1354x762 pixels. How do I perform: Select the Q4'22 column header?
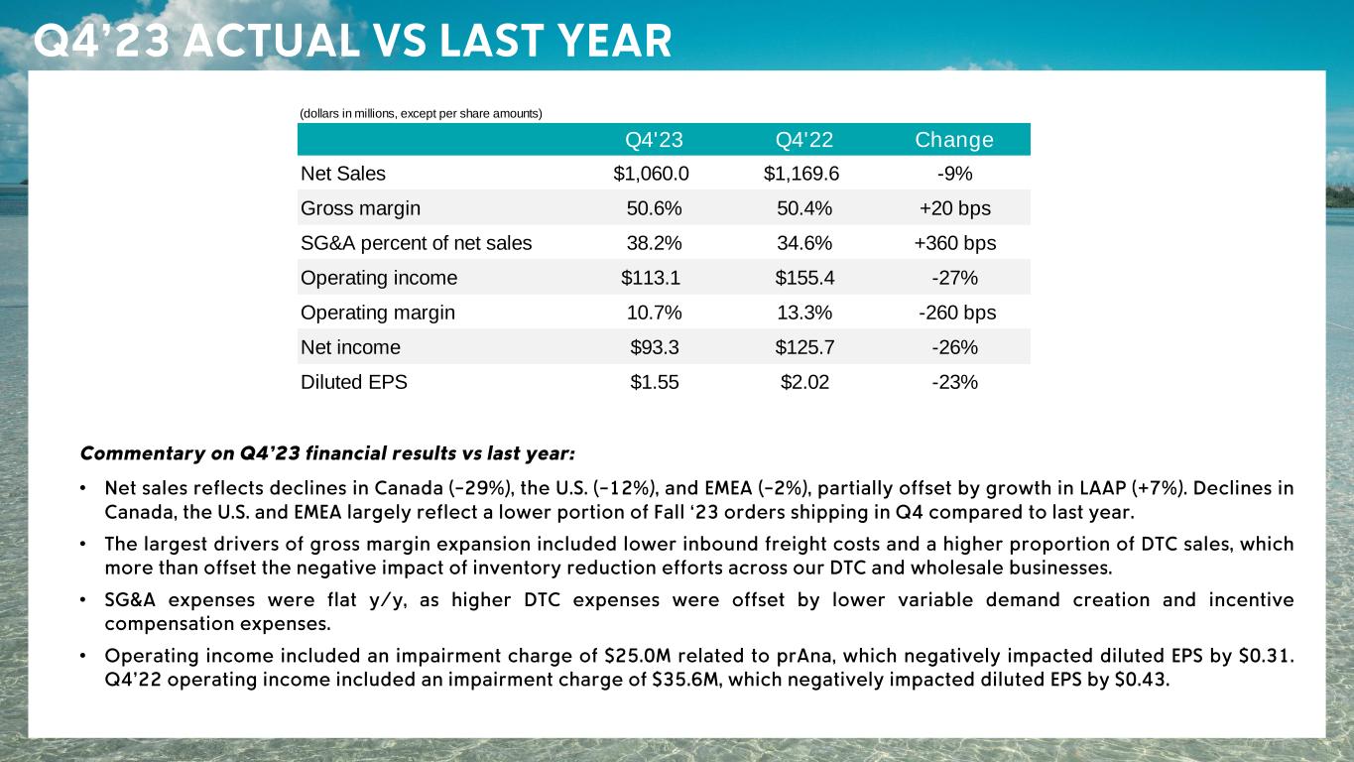804,140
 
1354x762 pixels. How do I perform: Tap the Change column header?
954,140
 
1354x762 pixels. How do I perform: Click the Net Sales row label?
343,174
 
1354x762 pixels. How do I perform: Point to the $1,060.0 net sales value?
652,174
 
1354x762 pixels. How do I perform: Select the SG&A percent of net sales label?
416,243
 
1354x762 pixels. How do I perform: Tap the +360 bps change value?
956,243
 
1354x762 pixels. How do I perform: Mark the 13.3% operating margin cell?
804,313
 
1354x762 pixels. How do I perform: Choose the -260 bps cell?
956,313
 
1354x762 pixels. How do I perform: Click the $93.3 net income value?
655,347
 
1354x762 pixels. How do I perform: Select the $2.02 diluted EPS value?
804,382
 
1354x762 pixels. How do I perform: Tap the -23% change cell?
955,382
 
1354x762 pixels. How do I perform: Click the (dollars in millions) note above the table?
421,114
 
